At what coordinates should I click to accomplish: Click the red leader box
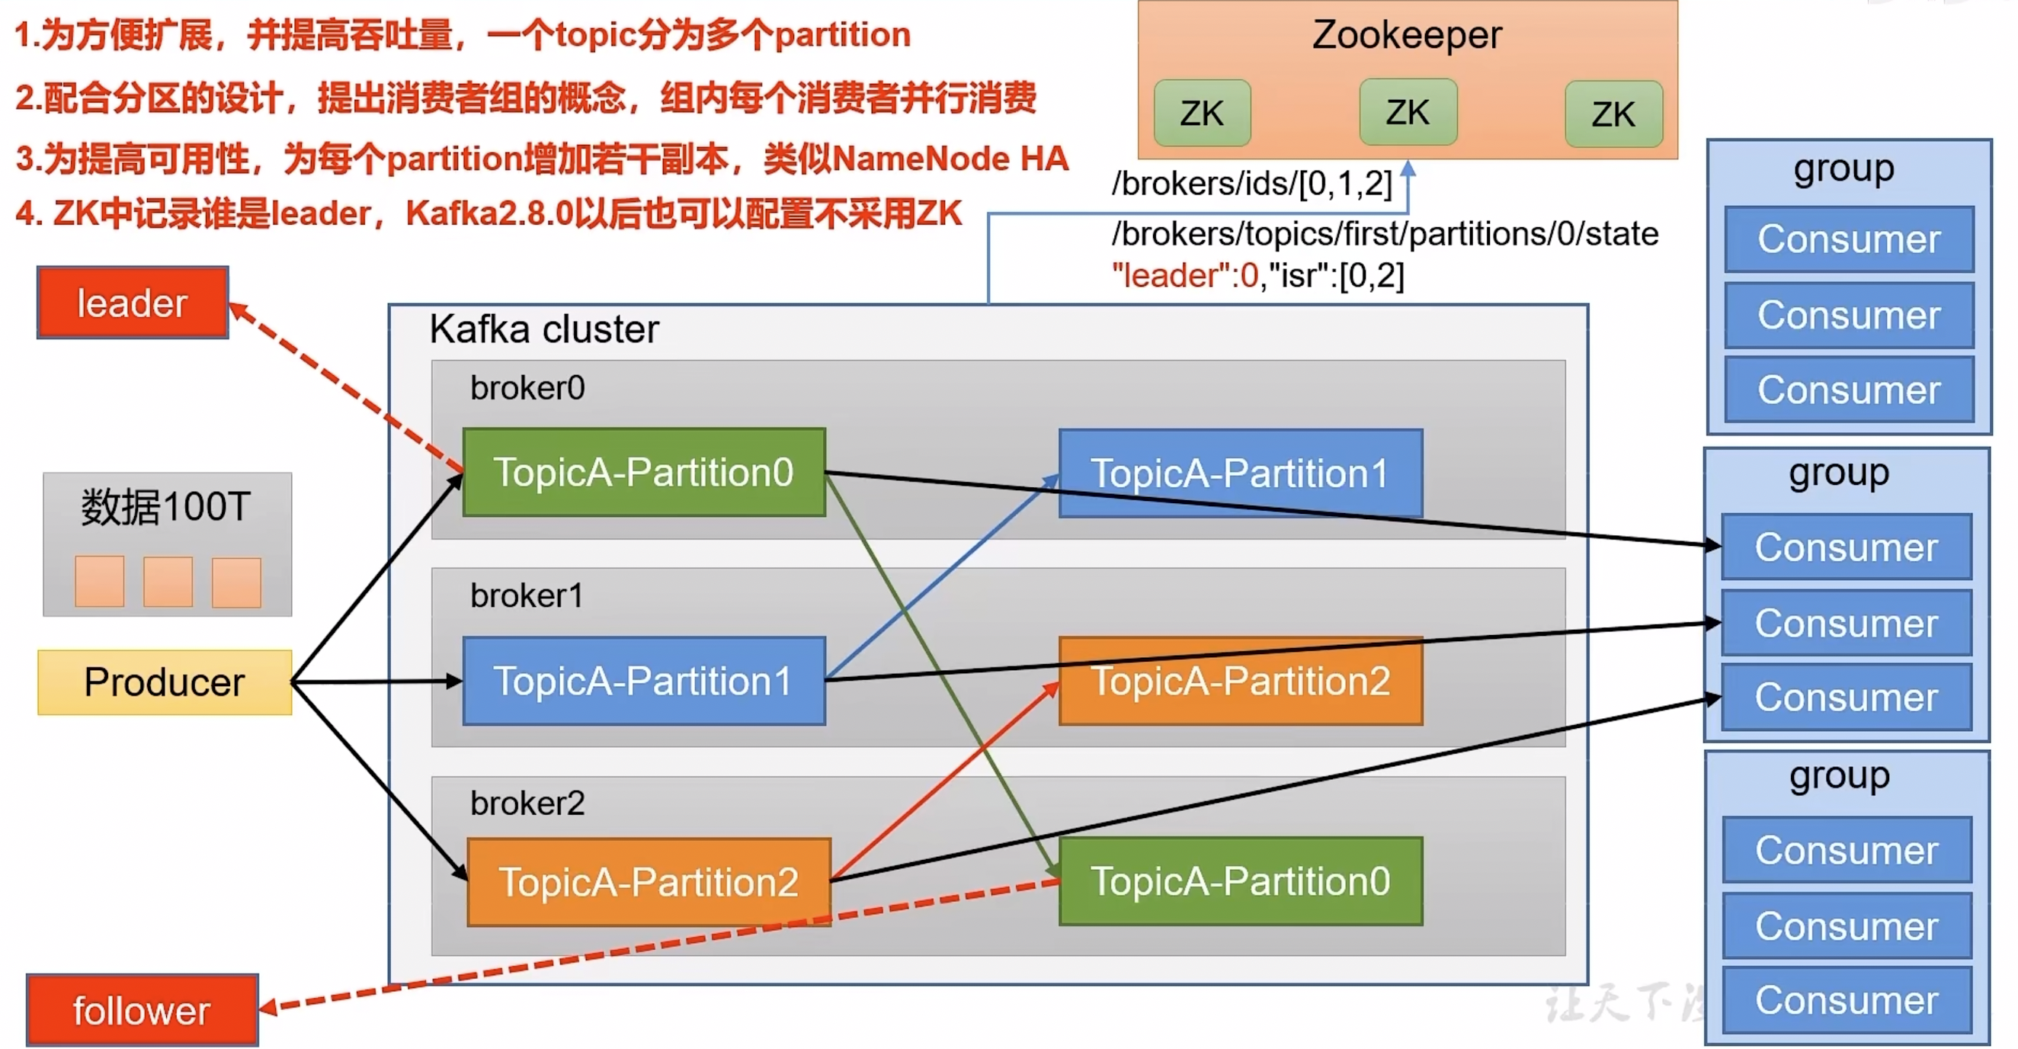[x=133, y=303]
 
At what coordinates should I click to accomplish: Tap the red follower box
[x=142, y=1009]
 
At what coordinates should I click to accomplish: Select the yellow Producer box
[x=165, y=682]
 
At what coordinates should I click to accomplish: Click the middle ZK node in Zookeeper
[x=1408, y=112]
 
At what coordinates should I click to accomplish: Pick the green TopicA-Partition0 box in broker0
[x=644, y=473]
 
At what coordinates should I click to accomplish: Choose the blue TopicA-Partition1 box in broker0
[x=1240, y=473]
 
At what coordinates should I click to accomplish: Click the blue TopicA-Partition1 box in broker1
[x=644, y=681]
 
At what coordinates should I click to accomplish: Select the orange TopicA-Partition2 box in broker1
[x=1240, y=681]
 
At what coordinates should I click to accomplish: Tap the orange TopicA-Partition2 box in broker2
[x=649, y=882]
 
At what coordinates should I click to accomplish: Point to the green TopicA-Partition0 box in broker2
[x=1240, y=881]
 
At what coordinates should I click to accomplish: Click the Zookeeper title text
[x=1407, y=35]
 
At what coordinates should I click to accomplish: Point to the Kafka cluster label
[x=544, y=329]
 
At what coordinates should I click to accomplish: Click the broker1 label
[x=527, y=596]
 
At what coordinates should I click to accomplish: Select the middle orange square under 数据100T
[x=168, y=582]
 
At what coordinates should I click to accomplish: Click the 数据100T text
[x=166, y=507]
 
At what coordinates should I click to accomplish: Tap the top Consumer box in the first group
[x=1849, y=239]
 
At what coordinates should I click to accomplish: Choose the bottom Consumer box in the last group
[x=1847, y=1000]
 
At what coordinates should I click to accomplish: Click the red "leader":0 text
[x=1185, y=276]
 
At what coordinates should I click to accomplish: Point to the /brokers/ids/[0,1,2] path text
[x=1252, y=184]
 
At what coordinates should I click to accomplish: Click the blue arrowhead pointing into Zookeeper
[x=1408, y=168]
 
